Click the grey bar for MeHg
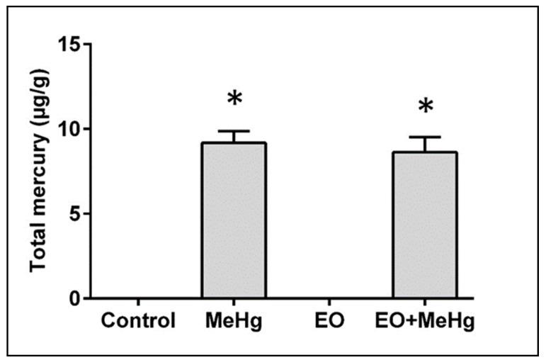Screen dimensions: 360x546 click(x=234, y=220)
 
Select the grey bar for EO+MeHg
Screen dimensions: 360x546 click(x=425, y=225)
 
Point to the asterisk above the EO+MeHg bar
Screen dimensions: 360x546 click(x=425, y=107)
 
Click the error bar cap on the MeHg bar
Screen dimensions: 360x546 click(x=234, y=131)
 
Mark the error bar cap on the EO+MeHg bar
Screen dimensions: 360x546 click(x=425, y=137)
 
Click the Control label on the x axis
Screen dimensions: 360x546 click(x=138, y=320)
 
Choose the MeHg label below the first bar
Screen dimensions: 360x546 click(x=234, y=320)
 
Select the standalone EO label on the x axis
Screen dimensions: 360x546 click(x=330, y=320)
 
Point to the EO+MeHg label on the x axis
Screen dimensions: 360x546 click(x=425, y=320)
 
